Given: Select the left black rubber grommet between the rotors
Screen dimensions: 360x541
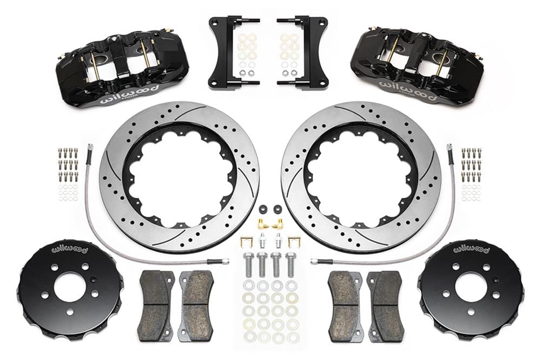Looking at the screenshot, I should point(263,209).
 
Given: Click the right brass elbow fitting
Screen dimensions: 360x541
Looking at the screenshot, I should point(280,222).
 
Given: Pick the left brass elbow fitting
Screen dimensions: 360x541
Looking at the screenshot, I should point(262,222).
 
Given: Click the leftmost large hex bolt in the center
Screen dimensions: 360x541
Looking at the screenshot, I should point(248,264).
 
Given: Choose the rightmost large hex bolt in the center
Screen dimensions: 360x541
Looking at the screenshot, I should point(291,264).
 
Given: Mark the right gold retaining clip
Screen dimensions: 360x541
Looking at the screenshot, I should point(294,241).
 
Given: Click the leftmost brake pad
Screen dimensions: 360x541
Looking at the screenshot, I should point(156,305).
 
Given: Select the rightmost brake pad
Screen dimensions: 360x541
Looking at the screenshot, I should point(385,305).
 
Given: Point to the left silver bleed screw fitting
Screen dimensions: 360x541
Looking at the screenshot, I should point(262,239).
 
